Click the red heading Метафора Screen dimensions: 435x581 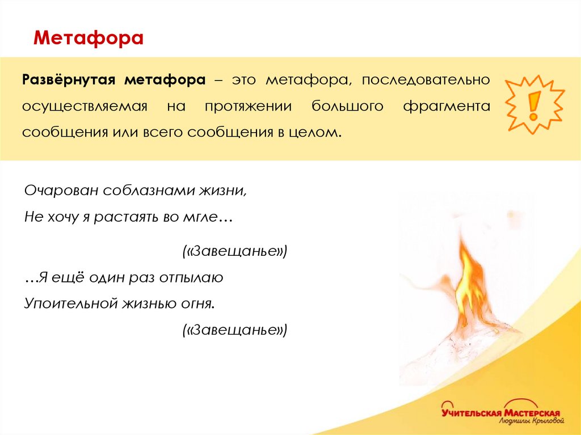point(89,39)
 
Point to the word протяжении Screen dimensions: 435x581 point(249,106)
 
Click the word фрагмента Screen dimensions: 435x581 point(447,106)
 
